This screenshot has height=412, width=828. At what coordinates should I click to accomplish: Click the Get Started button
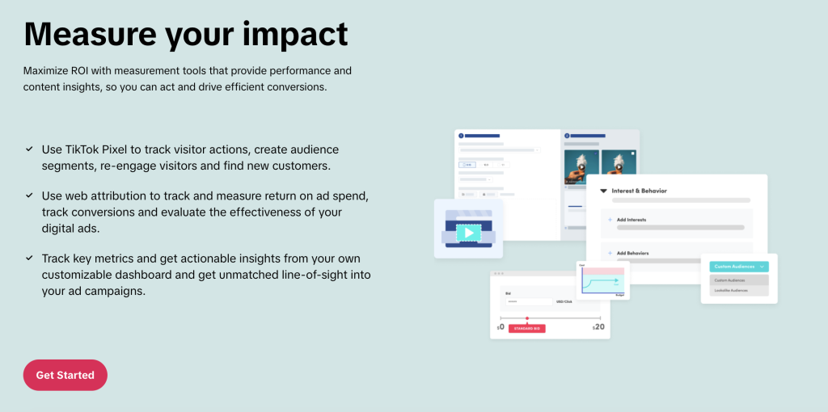(x=65, y=375)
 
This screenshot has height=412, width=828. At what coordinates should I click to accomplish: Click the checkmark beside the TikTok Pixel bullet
(x=29, y=149)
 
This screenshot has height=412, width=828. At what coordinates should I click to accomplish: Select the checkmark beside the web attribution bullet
(x=29, y=195)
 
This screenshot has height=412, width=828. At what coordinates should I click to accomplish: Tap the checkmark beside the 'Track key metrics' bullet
(x=29, y=258)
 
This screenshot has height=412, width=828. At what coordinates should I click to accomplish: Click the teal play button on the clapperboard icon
(x=468, y=233)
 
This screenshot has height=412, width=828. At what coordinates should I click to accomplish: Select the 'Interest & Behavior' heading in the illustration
(x=639, y=191)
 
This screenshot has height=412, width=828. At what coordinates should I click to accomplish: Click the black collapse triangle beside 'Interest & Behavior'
(x=603, y=191)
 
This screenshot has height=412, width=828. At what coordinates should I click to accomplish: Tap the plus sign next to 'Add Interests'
(x=610, y=220)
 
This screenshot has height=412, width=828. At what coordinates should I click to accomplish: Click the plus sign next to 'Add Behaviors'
(x=610, y=253)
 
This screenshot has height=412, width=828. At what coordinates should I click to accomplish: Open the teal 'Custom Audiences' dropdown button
(x=739, y=267)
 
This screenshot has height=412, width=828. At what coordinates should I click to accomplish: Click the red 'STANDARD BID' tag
(x=526, y=329)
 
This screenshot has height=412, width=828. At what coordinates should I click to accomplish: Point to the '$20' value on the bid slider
(x=598, y=327)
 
